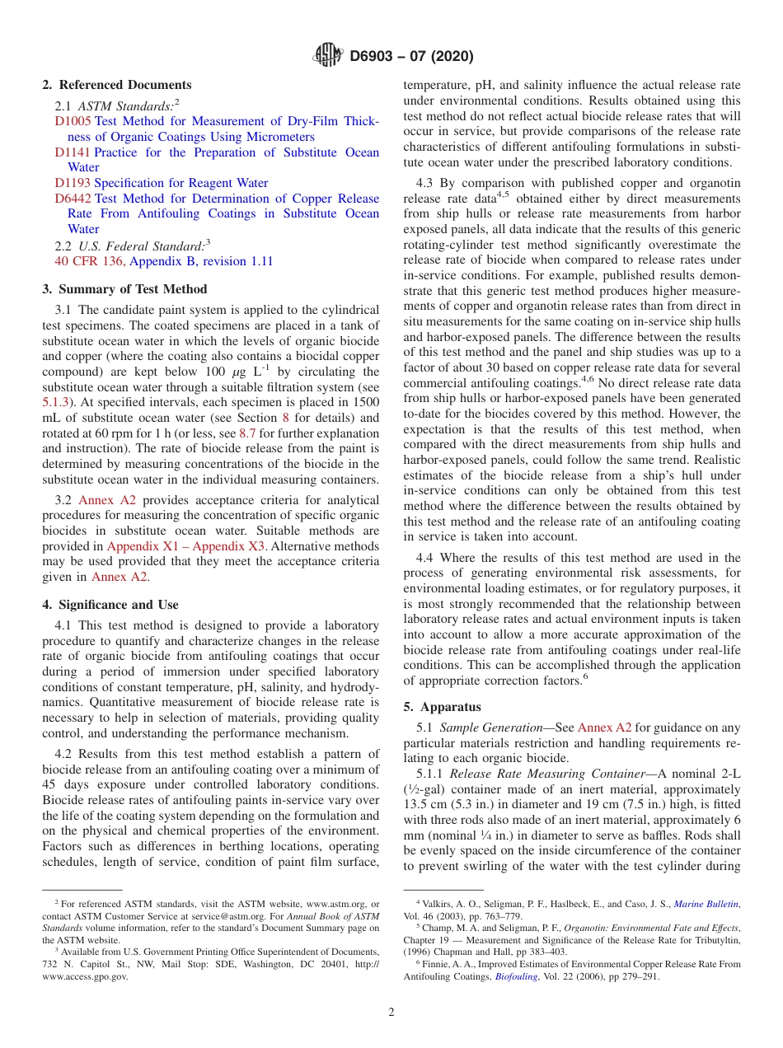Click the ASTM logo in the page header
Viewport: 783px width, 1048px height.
pyautogui.click(x=329, y=56)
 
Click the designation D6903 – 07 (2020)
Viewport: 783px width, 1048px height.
pyautogui.click(x=411, y=57)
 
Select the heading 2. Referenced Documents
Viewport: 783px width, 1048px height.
pyautogui.click(x=117, y=85)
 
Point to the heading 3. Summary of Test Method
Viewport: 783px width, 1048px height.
pyautogui.click(x=124, y=289)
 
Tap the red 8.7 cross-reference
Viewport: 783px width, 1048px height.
pyautogui.click(x=246, y=433)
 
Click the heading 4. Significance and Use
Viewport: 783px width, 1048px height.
pyautogui.click(x=110, y=605)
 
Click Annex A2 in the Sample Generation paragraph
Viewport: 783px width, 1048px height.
pyautogui.click(x=604, y=728)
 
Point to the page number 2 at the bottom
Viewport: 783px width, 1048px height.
pyautogui.click(x=391, y=1013)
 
